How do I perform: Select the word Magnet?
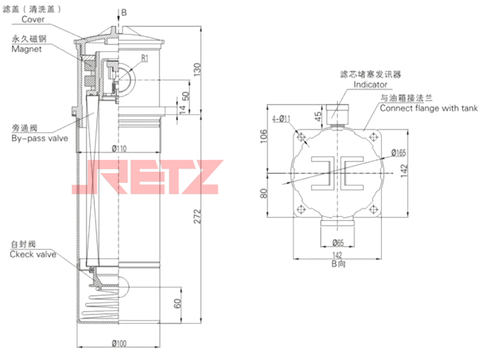coord(27,49)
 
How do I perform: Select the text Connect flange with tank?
coord(429,109)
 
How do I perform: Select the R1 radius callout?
coord(145,58)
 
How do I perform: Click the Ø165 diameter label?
coord(398,152)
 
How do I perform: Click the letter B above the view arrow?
coord(125,12)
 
